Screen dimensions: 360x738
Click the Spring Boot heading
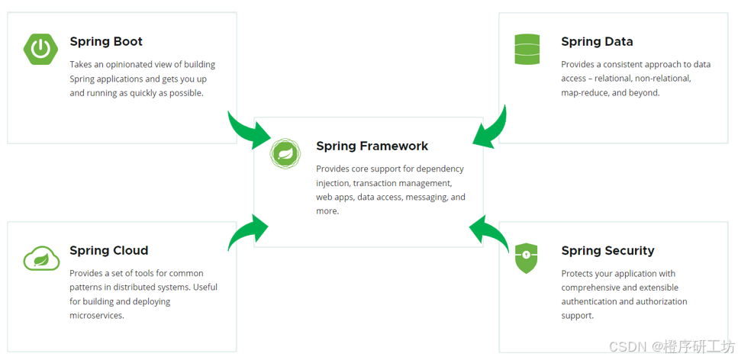pyautogui.click(x=106, y=42)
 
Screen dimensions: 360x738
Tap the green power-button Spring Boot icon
pyautogui.click(x=40, y=50)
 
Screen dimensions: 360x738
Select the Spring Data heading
pyautogui.click(x=597, y=42)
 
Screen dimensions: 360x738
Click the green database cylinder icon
pyautogui.click(x=527, y=50)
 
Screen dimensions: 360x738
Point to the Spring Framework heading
pyautogui.click(x=372, y=146)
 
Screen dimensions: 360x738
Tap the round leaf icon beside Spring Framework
pyautogui.click(x=285, y=153)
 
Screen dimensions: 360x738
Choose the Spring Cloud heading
pyautogui.click(x=108, y=250)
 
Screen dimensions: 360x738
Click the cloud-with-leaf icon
pyautogui.click(x=41, y=259)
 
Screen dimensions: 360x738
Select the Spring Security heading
pyautogui.click(x=607, y=250)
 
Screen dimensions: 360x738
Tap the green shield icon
pyautogui.click(x=527, y=258)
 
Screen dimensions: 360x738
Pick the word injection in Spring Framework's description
pyautogui.click(x=332, y=183)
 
